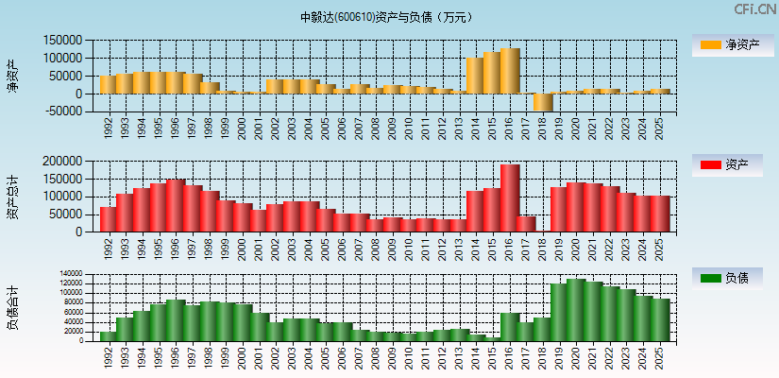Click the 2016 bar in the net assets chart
point(510,72)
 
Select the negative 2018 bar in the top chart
point(543,102)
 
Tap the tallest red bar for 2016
point(510,198)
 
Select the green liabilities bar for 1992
point(109,335)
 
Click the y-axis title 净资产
point(13,76)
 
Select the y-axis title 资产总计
point(13,197)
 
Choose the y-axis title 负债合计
point(13,307)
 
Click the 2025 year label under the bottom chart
point(660,356)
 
